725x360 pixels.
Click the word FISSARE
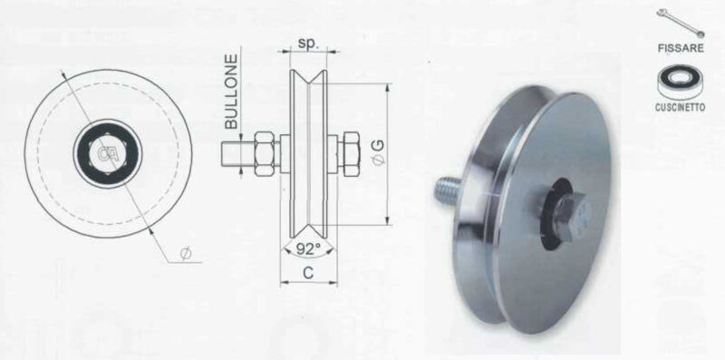[x=681, y=48]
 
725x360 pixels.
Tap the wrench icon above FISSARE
[x=681, y=23]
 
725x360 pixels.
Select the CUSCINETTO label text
[x=681, y=107]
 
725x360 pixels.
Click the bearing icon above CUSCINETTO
[x=681, y=82]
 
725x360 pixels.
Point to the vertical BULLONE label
[x=231, y=92]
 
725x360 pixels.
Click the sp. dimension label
[x=309, y=43]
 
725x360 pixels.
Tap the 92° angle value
[x=308, y=249]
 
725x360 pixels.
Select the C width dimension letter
[x=308, y=273]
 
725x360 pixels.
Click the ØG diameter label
[x=378, y=152]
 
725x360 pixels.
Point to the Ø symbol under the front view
[x=186, y=254]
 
